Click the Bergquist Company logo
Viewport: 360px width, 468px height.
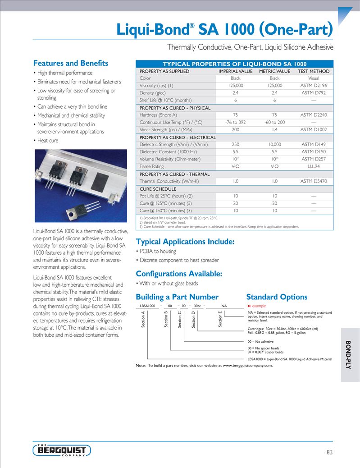pyautogui.click(x=62, y=450)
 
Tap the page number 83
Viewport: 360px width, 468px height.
pyautogui.click(x=330, y=452)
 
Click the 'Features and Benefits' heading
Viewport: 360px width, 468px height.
pyautogui.click(x=71, y=63)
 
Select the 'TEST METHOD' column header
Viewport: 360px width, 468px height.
pyautogui.click(x=314, y=71)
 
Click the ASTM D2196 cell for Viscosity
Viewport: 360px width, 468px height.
pyautogui.click(x=314, y=86)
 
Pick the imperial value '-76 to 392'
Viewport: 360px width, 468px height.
pyautogui.click(x=235, y=122)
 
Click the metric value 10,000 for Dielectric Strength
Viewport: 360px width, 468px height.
pyautogui.click(x=274, y=145)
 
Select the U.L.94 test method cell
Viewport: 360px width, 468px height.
pyautogui.click(x=314, y=166)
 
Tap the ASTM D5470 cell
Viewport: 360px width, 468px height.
pyautogui.click(x=314, y=181)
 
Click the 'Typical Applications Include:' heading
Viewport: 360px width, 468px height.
pyautogui.click(x=185, y=242)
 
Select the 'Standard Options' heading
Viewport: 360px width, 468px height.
pyautogui.click(x=277, y=297)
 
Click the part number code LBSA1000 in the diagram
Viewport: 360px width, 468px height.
pyautogui.click(x=147, y=306)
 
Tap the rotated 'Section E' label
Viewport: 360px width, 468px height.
pyautogui.click(x=220, y=319)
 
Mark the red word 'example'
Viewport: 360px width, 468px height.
pyautogui.click(x=259, y=306)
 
